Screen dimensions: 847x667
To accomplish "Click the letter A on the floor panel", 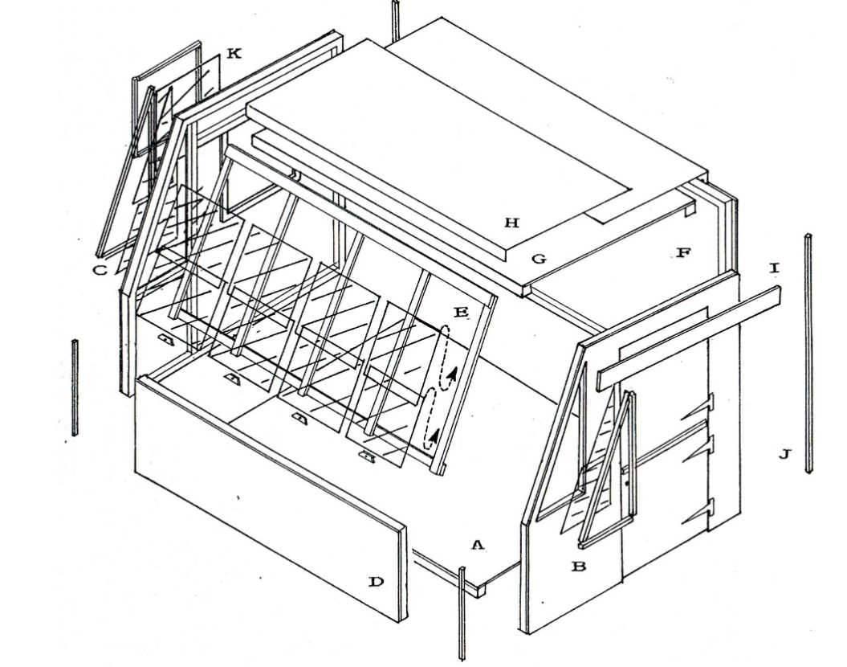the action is (477, 545).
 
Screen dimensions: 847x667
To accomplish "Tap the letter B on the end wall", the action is (579, 567).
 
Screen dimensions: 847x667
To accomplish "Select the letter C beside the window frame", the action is (100, 270).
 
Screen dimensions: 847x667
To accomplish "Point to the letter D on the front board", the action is (376, 582).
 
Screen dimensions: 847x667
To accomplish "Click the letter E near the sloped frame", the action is (461, 312).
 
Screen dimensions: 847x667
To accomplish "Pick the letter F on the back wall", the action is (683, 252).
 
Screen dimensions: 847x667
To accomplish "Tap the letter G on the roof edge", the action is (539, 259).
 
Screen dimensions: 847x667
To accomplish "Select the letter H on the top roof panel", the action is (511, 222).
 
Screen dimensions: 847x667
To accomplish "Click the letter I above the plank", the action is (774, 268).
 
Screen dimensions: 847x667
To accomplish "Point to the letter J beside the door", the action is (784, 453).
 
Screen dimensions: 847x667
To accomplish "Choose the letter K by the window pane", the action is (234, 53).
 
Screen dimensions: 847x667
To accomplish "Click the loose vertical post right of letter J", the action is (808, 354).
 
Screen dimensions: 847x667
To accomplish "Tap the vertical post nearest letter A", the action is (462, 613).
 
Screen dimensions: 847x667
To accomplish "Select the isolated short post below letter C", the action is (75, 387).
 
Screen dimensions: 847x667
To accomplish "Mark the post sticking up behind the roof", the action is (396, 21).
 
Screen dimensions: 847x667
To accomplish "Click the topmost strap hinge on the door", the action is (698, 408).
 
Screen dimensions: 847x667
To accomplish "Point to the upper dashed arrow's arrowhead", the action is (454, 374).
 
